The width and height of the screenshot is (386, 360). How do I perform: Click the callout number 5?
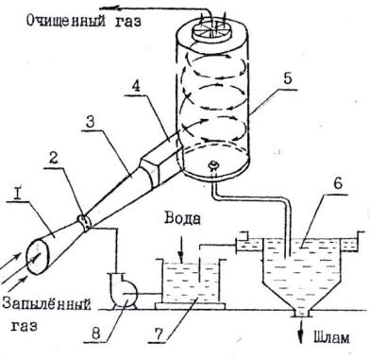(x=287, y=77)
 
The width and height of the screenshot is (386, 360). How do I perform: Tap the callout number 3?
(x=91, y=122)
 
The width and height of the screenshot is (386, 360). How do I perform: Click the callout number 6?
(x=337, y=183)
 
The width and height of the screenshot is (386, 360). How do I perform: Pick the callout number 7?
(x=159, y=334)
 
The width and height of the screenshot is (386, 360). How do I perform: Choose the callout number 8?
(x=96, y=334)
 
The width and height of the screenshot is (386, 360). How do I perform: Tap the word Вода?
(x=183, y=218)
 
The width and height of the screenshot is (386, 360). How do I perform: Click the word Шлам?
(x=331, y=337)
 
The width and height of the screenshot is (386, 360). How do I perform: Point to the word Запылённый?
(x=46, y=304)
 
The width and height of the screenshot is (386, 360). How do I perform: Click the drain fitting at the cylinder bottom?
(x=214, y=164)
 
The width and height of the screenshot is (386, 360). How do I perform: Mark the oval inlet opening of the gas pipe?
(x=38, y=257)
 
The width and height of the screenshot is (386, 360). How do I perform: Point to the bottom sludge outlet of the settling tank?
(x=302, y=314)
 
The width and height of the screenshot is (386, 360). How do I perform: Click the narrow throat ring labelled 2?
(x=84, y=223)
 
